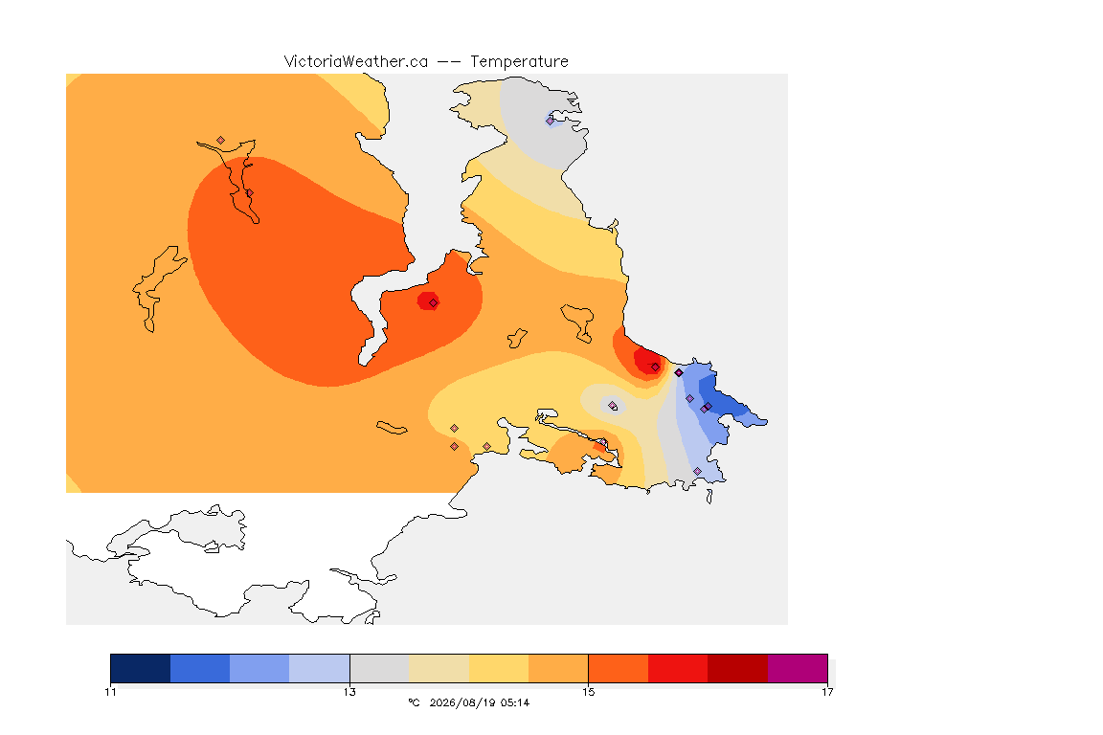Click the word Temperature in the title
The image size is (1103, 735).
point(519,62)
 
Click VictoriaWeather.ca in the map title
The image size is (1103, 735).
point(356,62)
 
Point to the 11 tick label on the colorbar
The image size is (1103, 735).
point(110,692)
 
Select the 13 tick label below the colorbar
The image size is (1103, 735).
point(349,692)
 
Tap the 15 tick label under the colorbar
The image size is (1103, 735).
point(588,692)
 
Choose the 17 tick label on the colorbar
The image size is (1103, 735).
point(827,692)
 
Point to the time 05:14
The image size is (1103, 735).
point(515,702)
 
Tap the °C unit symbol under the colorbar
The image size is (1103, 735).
point(414,702)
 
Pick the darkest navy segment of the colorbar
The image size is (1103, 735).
point(141,668)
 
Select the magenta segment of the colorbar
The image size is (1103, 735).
point(797,668)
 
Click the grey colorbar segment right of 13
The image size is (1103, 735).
point(379,668)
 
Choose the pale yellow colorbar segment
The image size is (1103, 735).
point(499,668)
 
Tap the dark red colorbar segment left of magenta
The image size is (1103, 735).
point(737,668)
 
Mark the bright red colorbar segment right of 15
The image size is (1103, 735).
point(678,668)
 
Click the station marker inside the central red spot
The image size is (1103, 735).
point(434,303)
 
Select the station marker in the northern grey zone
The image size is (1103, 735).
point(551,121)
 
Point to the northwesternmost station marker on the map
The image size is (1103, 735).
point(221,141)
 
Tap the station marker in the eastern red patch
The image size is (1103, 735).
point(656,367)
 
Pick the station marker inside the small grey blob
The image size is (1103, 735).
point(613,405)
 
